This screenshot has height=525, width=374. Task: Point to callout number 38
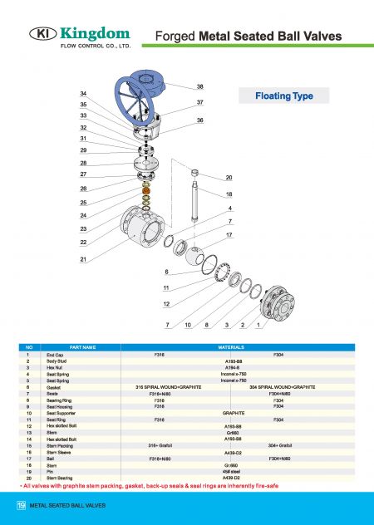[x=199, y=86]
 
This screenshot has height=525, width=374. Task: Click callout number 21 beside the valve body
[x=82, y=260]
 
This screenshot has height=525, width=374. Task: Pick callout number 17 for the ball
[x=229, y=235]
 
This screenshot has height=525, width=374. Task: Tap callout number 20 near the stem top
[x=229, y=178]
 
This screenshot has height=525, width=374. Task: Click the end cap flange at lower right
[x=276, y=302]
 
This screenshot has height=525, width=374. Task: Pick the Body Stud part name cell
[x=57, y=361]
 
